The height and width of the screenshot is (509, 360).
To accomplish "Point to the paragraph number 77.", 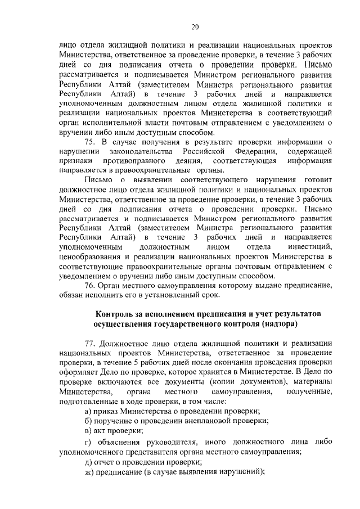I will point(89,343).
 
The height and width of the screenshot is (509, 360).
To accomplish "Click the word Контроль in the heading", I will point(114,314).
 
